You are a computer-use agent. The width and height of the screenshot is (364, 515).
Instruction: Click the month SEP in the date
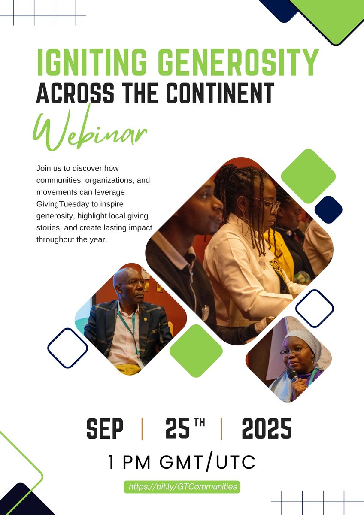[105, 428]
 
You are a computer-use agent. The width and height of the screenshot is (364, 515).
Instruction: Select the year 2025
[266, 428]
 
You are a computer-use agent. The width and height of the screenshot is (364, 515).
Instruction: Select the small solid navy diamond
[328, 209]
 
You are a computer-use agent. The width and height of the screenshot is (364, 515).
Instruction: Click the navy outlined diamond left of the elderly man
[67, 348]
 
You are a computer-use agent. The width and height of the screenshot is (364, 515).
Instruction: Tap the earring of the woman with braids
[245, 225]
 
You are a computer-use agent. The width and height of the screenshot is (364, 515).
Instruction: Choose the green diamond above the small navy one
[308, 176]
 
